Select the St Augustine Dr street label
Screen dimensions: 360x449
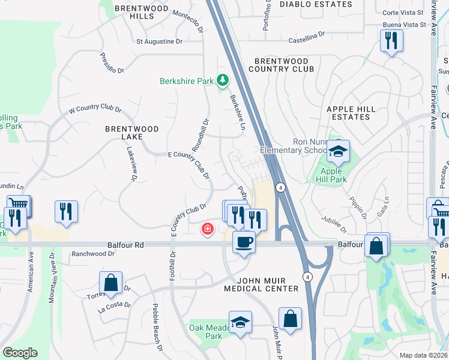click(159, 41)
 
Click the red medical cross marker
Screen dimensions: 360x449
click(208, 229)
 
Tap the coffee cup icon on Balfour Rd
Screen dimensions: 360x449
click(243, 243)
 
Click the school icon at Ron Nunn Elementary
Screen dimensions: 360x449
click(338, 152)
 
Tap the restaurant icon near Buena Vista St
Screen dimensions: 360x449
click(391, 41)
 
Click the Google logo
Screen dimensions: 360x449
click(20, 353)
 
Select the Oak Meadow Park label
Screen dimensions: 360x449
click(205, 332)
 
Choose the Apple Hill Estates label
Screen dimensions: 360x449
click(351, 113)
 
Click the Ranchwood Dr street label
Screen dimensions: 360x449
click(93, 254)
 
